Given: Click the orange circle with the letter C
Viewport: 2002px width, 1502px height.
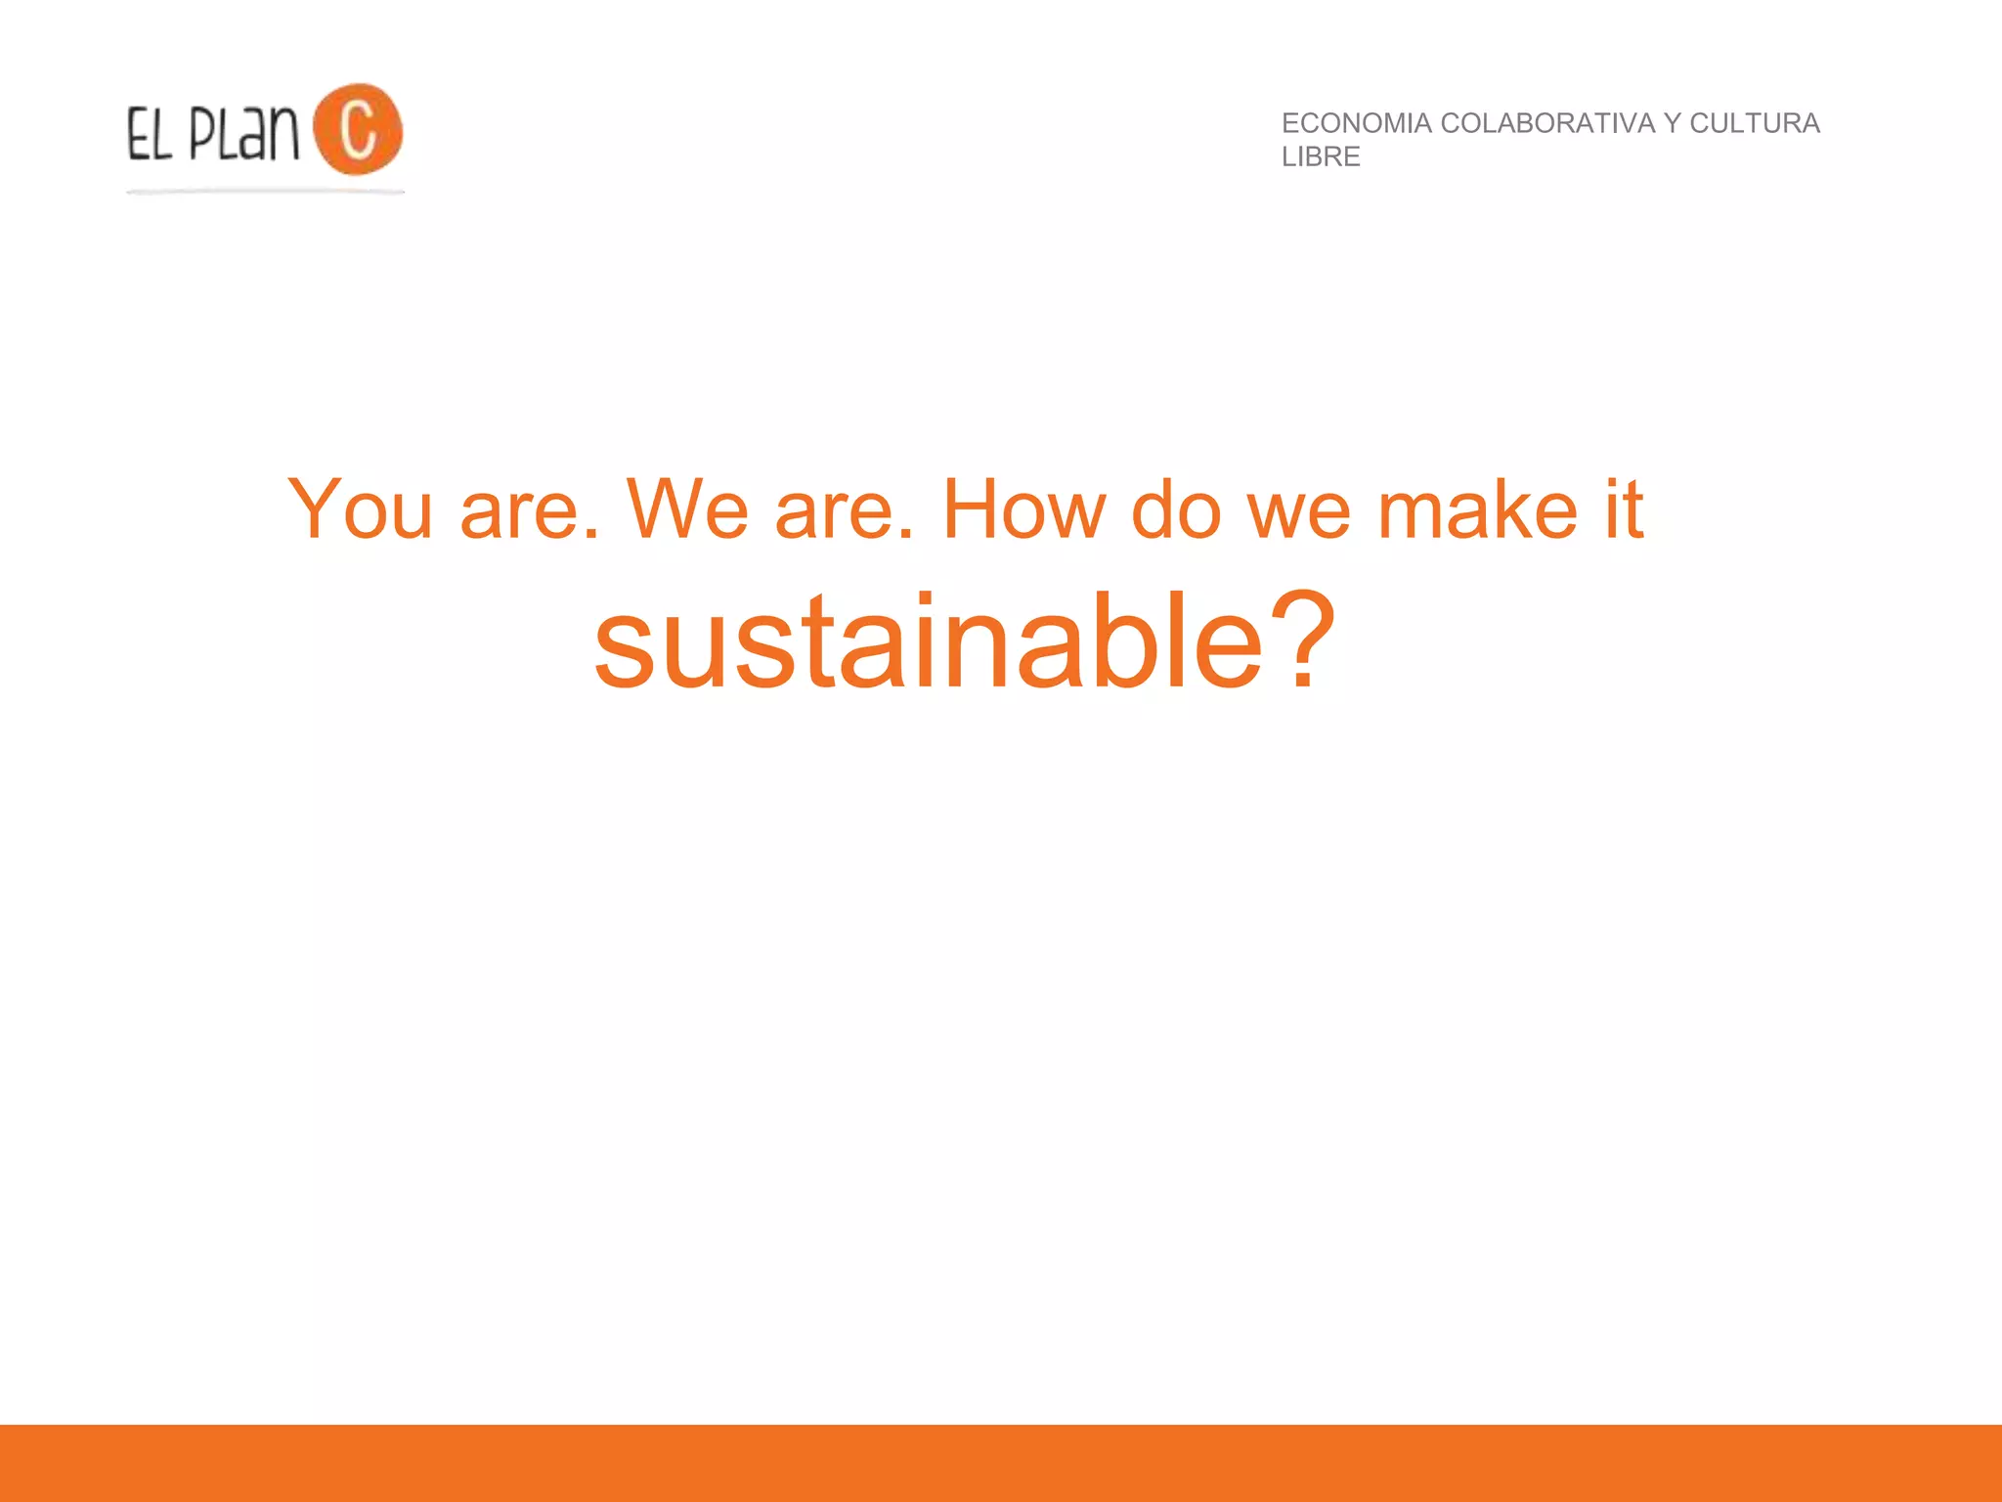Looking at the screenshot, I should point(358,129).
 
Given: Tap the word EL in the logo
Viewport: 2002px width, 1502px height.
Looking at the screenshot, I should point(150,135).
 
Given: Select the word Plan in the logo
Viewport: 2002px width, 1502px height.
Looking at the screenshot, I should point(243,133).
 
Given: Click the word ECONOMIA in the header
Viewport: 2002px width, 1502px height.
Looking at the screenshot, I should point(1356,123).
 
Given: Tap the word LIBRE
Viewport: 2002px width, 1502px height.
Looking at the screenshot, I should point(1321,156).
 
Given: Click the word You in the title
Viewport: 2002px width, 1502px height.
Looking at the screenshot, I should point(360,509).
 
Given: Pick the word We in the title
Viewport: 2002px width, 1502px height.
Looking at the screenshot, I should point(687,509).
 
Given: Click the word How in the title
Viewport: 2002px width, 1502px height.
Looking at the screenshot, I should point(1023,509).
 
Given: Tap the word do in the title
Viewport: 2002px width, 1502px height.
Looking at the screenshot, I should point(1176,509).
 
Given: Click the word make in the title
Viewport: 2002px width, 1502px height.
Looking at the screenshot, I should point(1477,509).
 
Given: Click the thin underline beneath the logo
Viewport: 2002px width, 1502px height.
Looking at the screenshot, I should point(265,192).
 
